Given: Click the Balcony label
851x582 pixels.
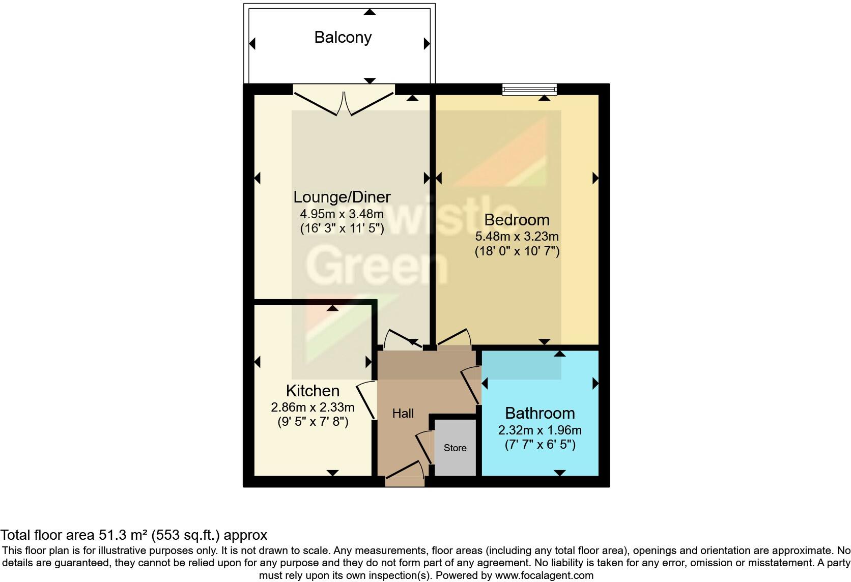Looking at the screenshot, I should point(343,37).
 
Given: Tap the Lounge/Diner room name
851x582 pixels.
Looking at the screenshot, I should point(342,197).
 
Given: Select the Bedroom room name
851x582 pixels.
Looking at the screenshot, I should point(517,220).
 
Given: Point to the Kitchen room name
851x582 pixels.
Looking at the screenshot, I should point(313,391).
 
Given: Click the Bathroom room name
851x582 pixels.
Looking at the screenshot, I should point(540,413).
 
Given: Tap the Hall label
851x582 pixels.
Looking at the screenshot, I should point(403,414).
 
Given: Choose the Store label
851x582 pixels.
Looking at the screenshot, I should point(455,448).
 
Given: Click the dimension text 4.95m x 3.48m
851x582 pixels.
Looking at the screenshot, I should point(342,214).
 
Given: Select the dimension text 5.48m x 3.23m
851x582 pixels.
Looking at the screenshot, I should point(517,237).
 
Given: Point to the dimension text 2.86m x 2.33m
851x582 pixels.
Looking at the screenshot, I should point(313,407).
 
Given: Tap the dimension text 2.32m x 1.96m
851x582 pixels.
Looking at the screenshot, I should point(540,430).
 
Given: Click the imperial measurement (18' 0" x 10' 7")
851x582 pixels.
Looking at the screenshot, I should point(517,251).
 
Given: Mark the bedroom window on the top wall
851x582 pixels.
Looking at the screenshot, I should point(529,90).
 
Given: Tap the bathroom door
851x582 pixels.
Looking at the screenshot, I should point(470,386).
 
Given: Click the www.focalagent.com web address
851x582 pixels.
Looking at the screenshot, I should point(544,576).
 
